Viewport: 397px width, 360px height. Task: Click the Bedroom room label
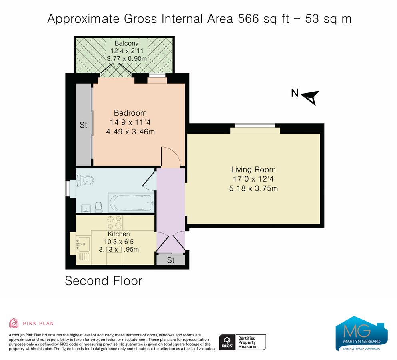tap(130, 113)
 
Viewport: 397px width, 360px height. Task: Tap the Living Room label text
tap(253, 170)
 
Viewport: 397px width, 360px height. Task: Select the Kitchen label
tap(118, 234)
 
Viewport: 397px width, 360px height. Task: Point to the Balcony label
tap(126, 43)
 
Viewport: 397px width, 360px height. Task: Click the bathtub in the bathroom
tap(130, 203)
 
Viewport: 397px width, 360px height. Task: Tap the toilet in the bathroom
tap(86, 181)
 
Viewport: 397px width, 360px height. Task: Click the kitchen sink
tap(84, 242)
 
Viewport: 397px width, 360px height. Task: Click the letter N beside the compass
tap(295, 93)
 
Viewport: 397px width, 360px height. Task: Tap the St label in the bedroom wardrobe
tap(83, 125)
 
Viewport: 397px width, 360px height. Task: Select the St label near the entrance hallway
tap(171, 260)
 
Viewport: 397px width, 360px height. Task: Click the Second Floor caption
tap(103, 281)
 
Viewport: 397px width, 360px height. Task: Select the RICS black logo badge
tap(226, 342)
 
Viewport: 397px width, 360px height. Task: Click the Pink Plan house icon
tap(14, 323)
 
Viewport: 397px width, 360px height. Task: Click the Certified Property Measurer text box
tap(251, 342)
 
